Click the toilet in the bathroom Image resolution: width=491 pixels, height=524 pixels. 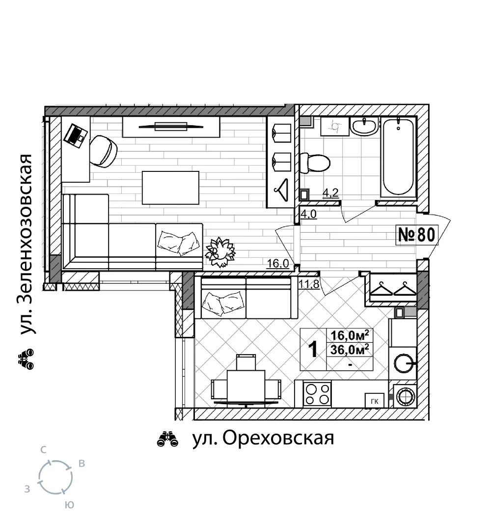[315, 163]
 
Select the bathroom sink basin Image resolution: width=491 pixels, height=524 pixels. [364, 127]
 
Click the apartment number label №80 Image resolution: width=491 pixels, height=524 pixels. [417, 234]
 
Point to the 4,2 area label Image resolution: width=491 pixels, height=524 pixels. [330, 193]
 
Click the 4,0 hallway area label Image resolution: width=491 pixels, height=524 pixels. [308, 214]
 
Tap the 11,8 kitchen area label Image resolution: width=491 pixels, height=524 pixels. [309, 285]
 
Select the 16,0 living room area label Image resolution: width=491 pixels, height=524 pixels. [278, 264]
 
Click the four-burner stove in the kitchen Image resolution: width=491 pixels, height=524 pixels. [317, 394]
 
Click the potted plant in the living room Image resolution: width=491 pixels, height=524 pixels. [220, 252]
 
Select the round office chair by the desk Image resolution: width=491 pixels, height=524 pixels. [104, 151]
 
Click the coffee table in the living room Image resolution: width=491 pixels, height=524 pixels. [170, 188]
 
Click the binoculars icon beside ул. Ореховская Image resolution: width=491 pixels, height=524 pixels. [167, 439]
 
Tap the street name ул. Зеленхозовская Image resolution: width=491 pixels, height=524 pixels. [27, 244]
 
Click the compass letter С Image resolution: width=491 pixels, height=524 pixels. [43, 450]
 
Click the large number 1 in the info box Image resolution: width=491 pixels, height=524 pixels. [313, 350]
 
